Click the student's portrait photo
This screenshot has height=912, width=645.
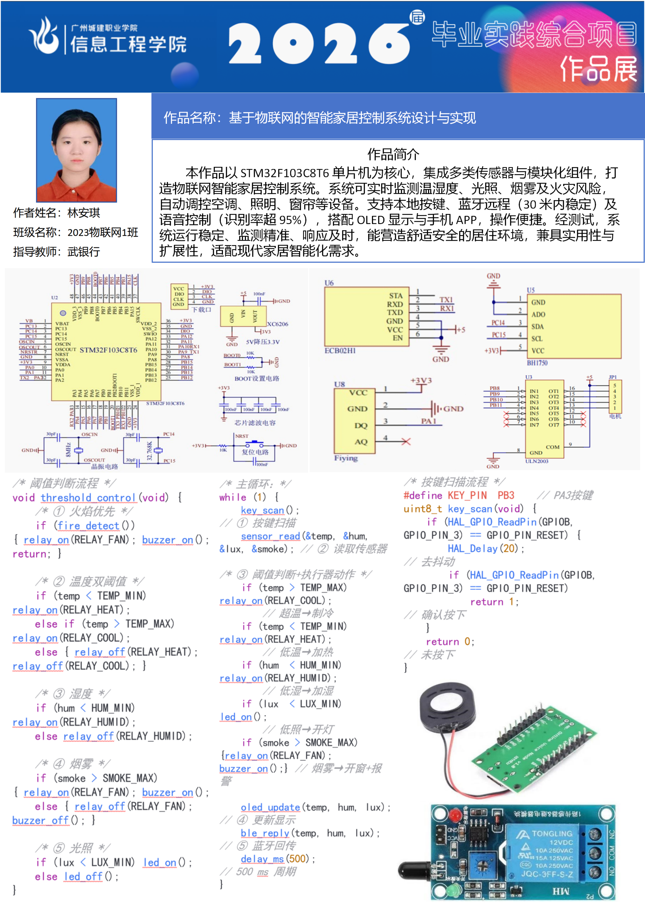[77, 150]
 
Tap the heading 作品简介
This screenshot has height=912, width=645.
[393, 154]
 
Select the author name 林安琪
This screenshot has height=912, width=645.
[84, 213]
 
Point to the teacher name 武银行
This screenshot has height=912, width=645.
[84, 251]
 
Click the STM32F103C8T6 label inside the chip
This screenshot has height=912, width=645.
[108, 350]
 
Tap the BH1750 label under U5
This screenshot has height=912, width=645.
[537, 363]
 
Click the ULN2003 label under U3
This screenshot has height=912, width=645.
[537, 461]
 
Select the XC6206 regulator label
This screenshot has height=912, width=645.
[277, 324]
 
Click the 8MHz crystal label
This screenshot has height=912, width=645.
[68, 450]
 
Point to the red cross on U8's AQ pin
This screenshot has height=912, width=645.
[406, 441]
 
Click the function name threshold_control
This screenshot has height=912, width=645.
[88, 498]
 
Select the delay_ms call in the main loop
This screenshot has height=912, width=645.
[262, 859]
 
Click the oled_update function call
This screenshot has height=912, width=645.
[270, 807]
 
